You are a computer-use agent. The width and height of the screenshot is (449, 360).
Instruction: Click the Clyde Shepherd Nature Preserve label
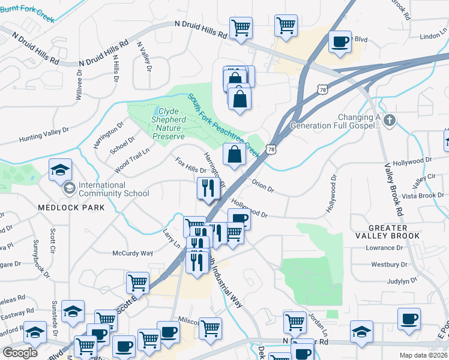168,124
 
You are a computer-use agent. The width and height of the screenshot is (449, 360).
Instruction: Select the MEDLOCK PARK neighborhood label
71,208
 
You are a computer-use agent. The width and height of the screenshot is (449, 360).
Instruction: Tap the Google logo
20,352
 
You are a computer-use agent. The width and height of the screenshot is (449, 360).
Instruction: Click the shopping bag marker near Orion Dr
234,154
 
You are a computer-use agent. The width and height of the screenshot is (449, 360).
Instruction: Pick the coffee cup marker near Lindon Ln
340,42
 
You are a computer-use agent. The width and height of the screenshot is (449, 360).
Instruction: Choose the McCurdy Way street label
133,253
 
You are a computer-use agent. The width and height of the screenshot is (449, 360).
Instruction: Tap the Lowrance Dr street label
390,248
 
